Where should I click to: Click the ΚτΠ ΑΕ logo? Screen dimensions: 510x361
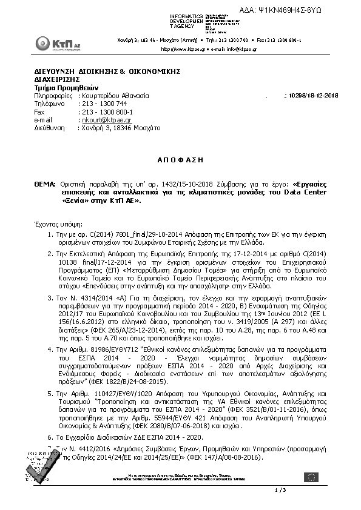[x=52, y=44]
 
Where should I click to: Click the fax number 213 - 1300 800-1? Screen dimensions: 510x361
[x=107, y=112]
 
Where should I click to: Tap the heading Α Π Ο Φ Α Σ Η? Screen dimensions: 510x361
[x=180, y=160]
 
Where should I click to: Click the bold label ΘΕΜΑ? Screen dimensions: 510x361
[x=45, y=183]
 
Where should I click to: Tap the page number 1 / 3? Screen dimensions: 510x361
[x=280, y=489]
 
